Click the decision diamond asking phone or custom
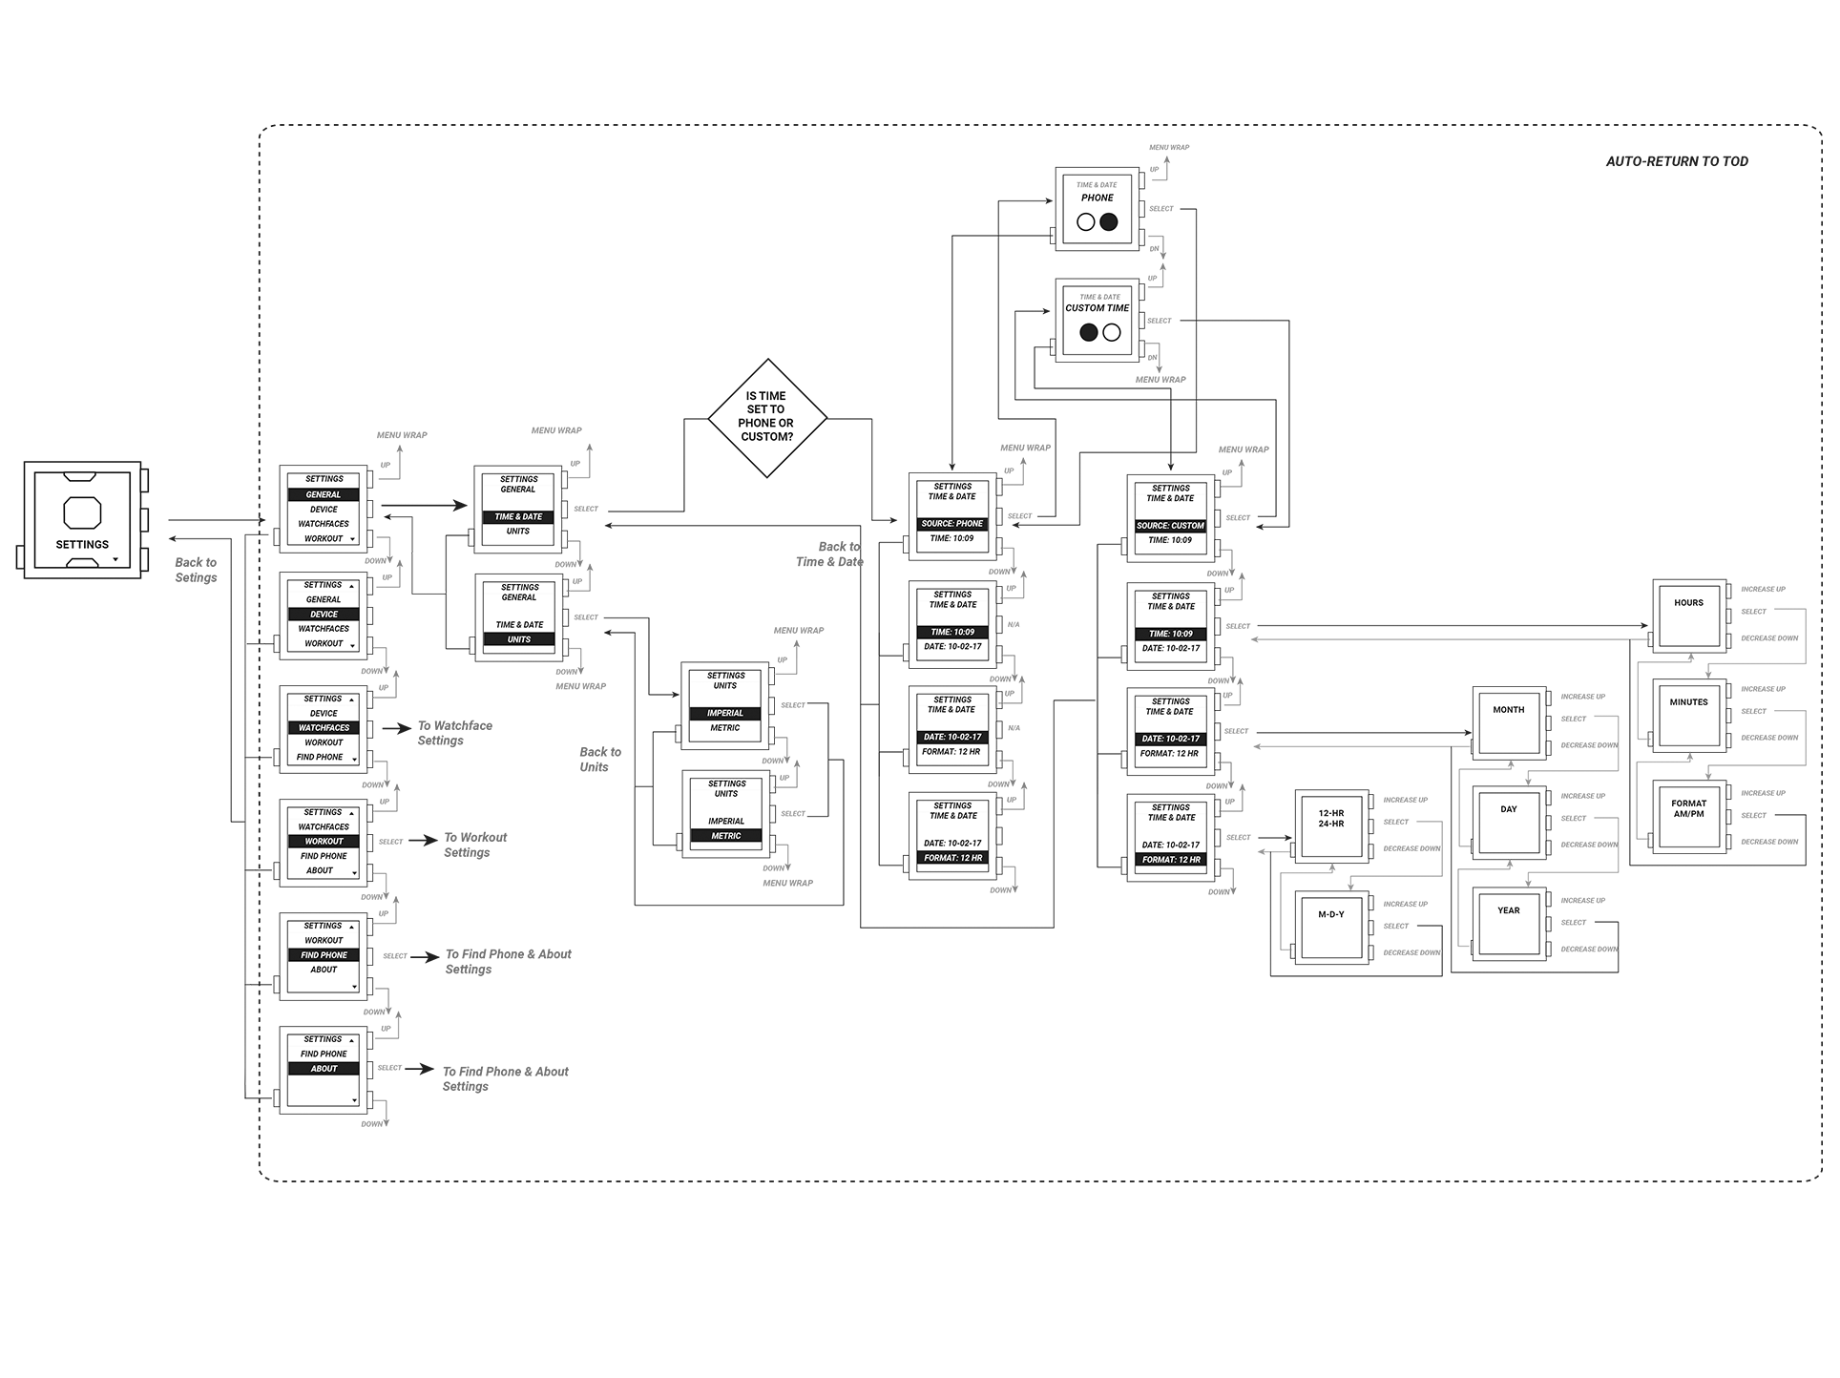[x=767, y=417]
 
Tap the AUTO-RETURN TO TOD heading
[x=1676, y=161]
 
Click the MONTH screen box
[x=1508, y=722]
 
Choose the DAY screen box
[x=1508, y=822]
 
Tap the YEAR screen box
[x=1508, y=923]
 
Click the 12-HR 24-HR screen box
[x=1330, y=826]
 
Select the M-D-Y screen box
[x=1330, y=927]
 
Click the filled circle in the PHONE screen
[x=1108, y=221]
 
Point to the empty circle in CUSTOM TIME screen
[x=1112, y=332]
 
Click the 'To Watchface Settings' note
[x=454, y=733]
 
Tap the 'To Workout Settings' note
[x=474, y=845]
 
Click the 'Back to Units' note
[x=599, y=760]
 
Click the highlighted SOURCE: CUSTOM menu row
[x=1170, y=526]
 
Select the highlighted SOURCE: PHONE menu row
[x=951, y=524]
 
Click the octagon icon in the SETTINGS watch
[x=82, y=512]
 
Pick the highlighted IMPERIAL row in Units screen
[x=725, y=713]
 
